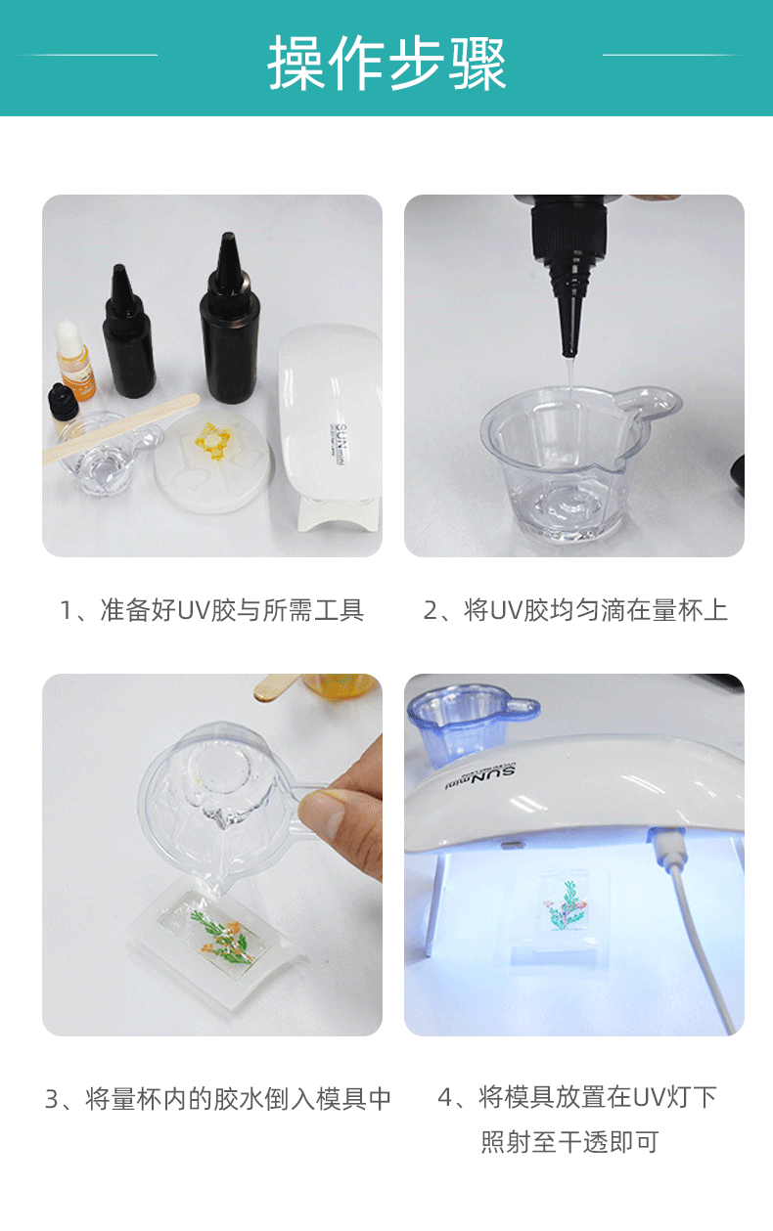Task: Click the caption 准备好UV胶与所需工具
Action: click(212, 611)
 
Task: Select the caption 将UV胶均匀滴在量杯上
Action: click(575, 611)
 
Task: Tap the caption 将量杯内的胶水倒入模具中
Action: click(218, 1098)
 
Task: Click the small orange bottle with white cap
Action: click(73, 363)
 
